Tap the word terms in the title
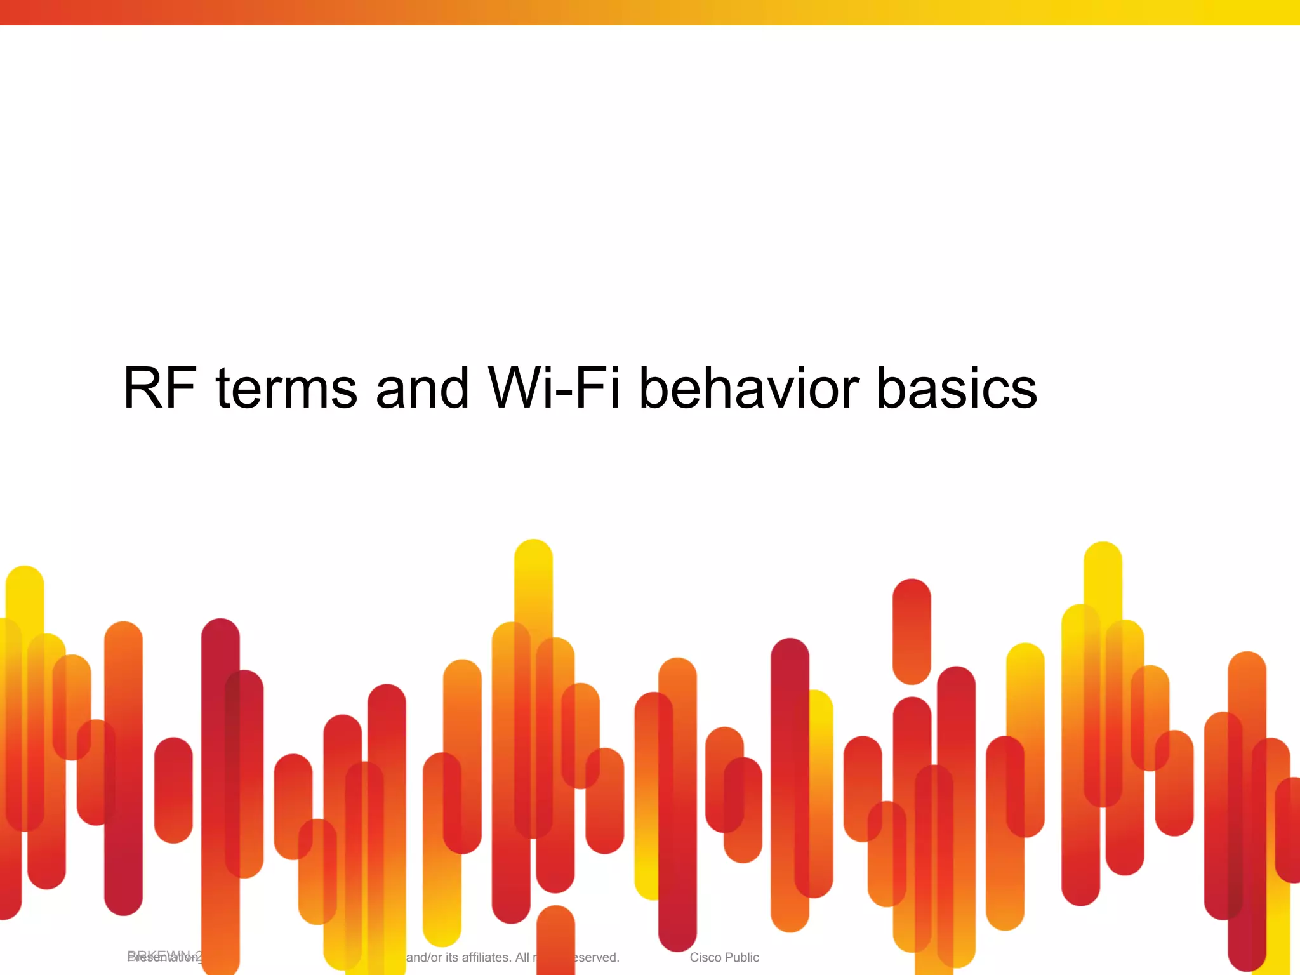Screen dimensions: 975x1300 (287, 389)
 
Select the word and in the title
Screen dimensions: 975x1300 (422, 388)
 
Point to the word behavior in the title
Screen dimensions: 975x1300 (748, 388)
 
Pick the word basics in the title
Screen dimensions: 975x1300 (957, 388)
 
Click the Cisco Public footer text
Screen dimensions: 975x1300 (724, 957)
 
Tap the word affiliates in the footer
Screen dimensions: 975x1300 (476, 957)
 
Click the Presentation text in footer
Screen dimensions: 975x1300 (162, 957)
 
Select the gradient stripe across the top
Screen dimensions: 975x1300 (650, 12)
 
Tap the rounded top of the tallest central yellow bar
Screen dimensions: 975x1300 (533, 556)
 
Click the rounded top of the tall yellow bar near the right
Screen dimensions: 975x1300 (1103, 559)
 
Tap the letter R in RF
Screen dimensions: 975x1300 (143, 388)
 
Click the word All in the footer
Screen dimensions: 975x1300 (522, 957)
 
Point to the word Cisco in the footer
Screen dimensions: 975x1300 (705, 957)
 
